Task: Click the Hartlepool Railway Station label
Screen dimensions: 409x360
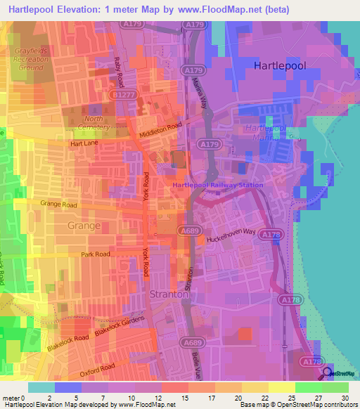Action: [x=218, y=185]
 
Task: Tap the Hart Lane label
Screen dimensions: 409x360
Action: [x=84, y=143]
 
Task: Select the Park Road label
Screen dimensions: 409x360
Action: [x=96, y=254]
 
